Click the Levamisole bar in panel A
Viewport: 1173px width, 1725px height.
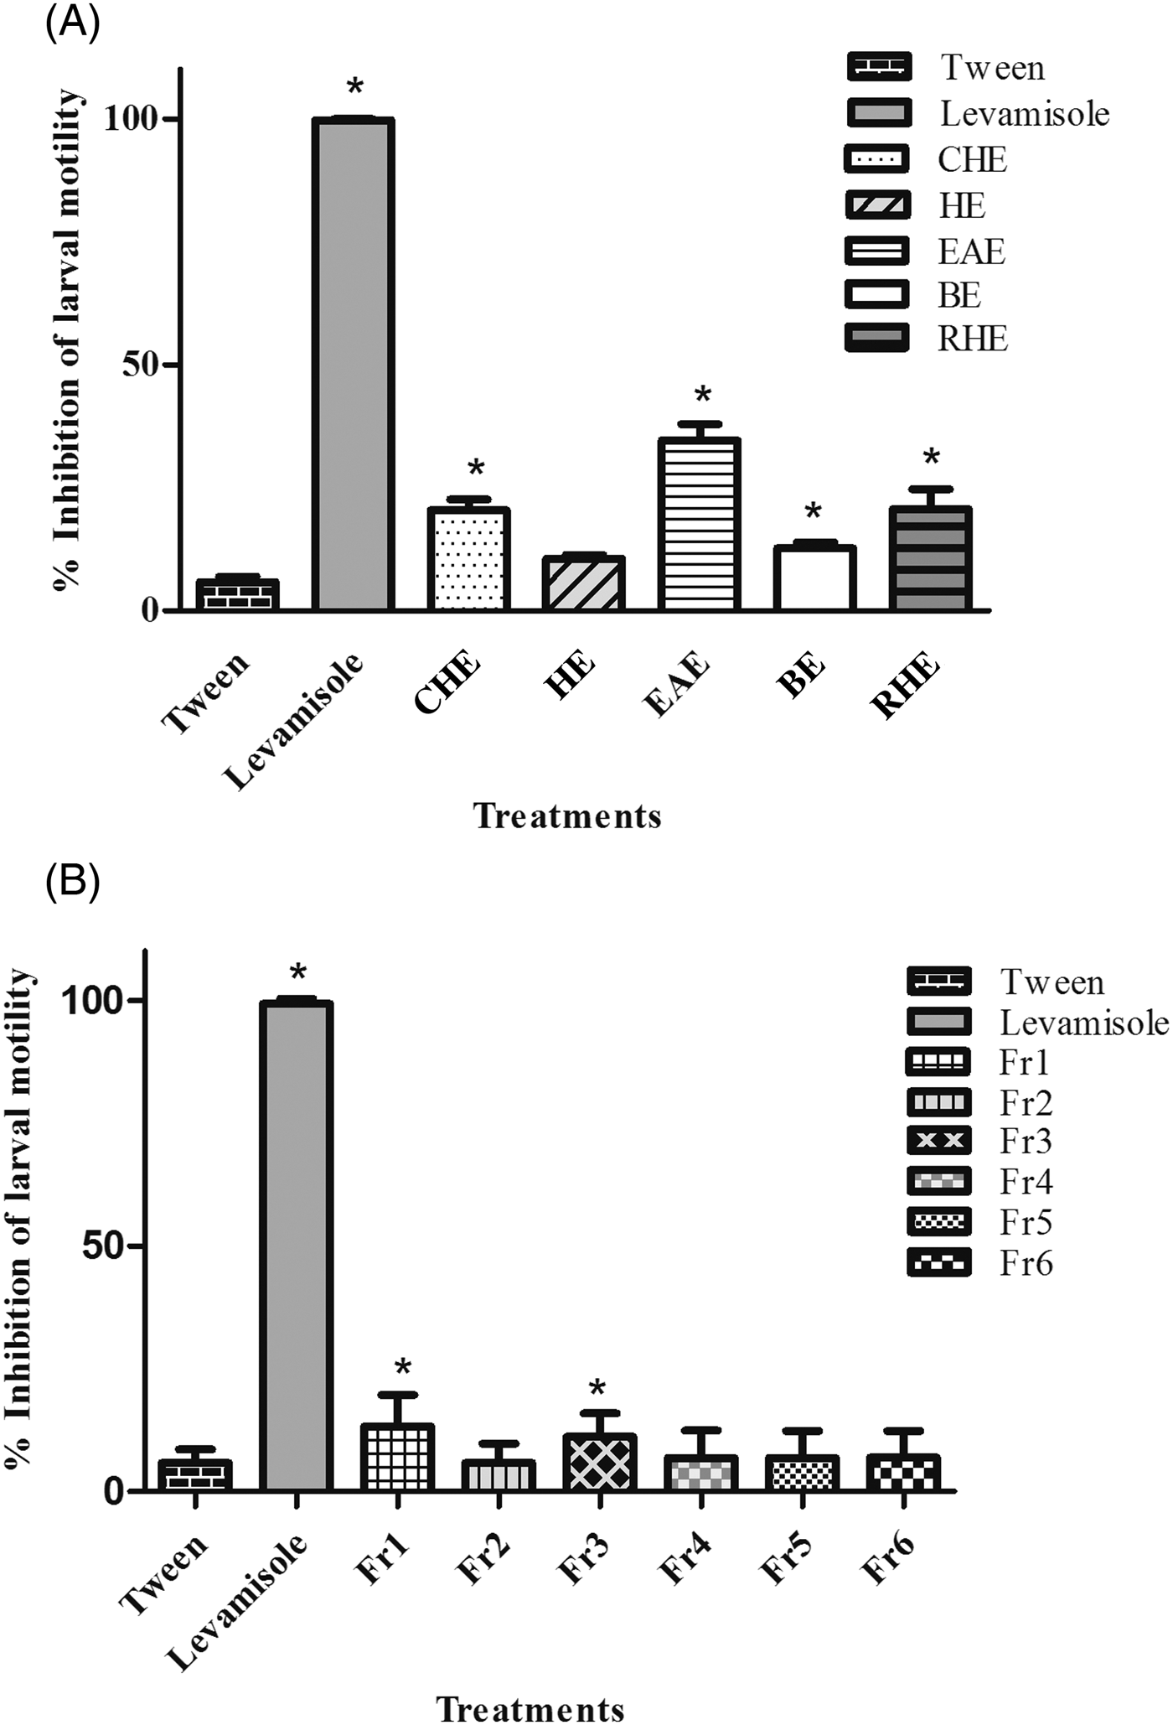point(353,364)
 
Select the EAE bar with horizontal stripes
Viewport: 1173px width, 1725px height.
point(699,524)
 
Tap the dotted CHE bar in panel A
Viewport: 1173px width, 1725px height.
point(468,559)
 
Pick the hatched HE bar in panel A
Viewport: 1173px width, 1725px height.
point(583,583)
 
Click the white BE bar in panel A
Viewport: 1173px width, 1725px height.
point(814,578)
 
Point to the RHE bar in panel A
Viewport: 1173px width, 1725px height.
point(929,558)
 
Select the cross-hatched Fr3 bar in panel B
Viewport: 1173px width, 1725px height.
point(600,1463)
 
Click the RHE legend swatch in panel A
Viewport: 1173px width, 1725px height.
point(876,339)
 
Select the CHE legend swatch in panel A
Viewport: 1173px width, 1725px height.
point(876,159)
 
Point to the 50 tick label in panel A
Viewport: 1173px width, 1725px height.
point(140,365)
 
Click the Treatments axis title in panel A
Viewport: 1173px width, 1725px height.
point(567,816)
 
